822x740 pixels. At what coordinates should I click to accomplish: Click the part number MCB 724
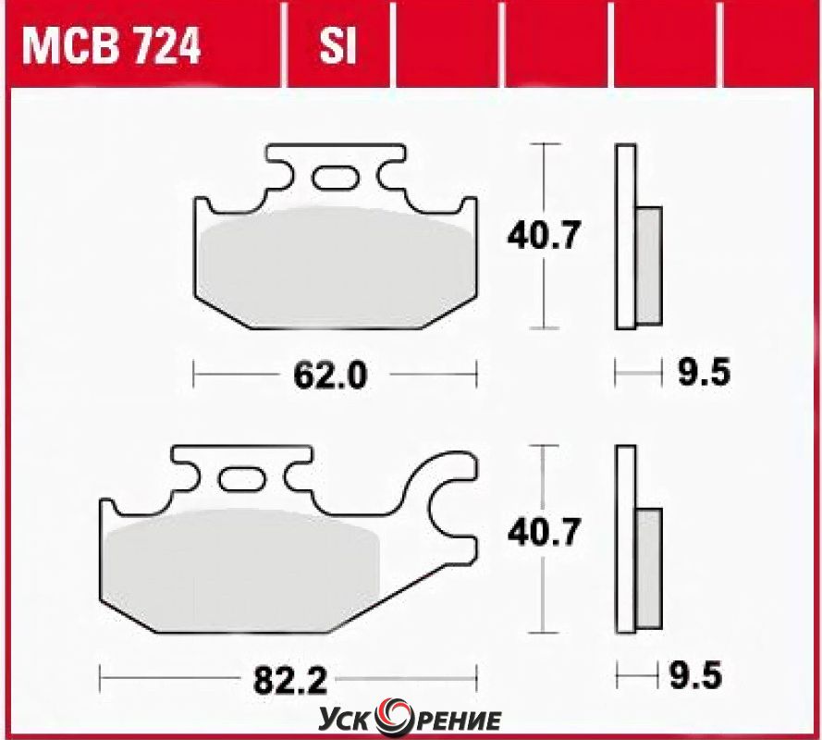click(111, 46)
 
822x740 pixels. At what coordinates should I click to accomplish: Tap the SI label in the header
click(337, 46)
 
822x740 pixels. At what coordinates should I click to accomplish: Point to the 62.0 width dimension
click(330, 376)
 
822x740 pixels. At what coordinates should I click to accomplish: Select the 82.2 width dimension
click(290, 680)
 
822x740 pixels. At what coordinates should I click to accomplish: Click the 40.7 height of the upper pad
click(544, 235)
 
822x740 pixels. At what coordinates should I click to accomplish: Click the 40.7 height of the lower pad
click(545, 532)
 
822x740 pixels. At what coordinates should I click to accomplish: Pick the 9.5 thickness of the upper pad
click(704, 373)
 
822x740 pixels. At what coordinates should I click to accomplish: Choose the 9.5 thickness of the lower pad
click(695, 675)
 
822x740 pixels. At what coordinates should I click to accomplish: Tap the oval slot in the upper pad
click(336, 178)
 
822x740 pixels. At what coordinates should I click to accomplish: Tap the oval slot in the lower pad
click(241, 479)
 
